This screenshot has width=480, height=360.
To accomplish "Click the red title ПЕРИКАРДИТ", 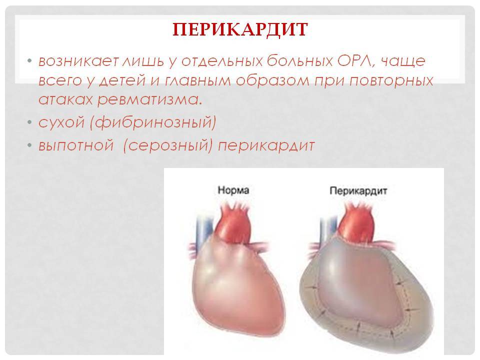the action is pyautogui.click(x=240, y=29).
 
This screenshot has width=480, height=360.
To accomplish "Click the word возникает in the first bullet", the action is pyautogui.click(x=78, y=61).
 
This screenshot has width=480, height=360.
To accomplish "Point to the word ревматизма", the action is pyautogui.click(x=149, y=100).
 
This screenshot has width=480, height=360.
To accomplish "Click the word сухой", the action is pyautogui.click(x=61, y=122).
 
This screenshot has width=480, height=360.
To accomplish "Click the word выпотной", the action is pyautogui.click(x=76, y=145).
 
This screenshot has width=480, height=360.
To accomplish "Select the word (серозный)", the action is pyautogui.click(x=168, y=145).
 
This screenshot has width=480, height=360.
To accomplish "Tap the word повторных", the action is pyautogui.click(x=391, y=81).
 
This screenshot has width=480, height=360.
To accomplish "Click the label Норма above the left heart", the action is pyautogui.click(x=233, y=190).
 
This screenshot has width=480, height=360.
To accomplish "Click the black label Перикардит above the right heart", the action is pyautogui.click(x=358, y=191).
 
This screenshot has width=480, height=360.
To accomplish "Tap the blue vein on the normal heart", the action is pyautogui.click(x=204, y=232).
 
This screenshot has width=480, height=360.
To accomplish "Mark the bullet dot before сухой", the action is pyautogui.click(x=29, y=123).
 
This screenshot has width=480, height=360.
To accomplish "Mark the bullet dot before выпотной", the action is pyautogui.click(x=29, y=145).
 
